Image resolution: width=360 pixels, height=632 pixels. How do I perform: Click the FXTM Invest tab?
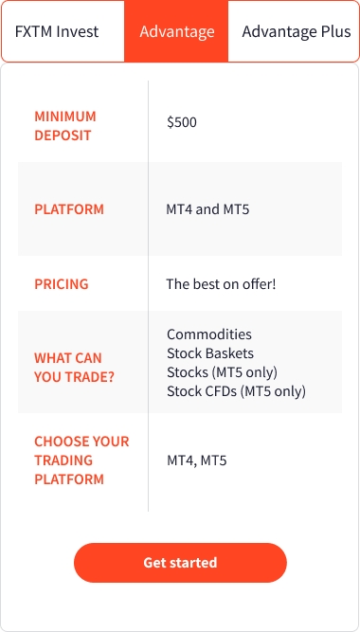[x=57, y=31]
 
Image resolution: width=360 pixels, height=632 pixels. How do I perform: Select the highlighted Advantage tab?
[x=177, y=31]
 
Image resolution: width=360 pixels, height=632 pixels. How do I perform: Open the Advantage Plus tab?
[x=296, y=31]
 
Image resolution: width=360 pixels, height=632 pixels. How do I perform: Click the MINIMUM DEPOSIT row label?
[x=65, y=126]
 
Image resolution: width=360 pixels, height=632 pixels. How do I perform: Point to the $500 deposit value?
[x=182, y=122]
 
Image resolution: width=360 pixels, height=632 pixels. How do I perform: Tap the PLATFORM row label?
[x=69, y=209]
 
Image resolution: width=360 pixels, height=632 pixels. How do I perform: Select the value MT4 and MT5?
[x=207, y=209]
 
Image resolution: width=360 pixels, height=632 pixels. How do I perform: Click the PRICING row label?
[x=62, y=284]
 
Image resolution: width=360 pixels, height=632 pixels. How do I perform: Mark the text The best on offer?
[x=221, y=284]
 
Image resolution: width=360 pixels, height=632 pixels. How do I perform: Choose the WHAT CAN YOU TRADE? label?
[x=68, y=368]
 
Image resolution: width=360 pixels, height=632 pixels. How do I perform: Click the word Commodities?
[x=209, y=334]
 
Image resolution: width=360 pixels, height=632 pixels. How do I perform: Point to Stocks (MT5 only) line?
[x=223, y=372]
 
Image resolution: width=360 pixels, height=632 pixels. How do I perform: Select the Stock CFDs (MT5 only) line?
[x=236, y=391]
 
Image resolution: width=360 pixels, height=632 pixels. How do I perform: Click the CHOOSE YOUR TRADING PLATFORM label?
[x=81, y=460]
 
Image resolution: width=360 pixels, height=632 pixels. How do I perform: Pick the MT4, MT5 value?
[x=197, y=461]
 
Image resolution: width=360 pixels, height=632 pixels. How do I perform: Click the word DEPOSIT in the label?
[x=63, y=135]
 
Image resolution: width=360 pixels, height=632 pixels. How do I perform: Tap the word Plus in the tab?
[x=334, y=31]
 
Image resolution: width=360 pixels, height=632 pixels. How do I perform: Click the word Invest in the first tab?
[x=78, y=31]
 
